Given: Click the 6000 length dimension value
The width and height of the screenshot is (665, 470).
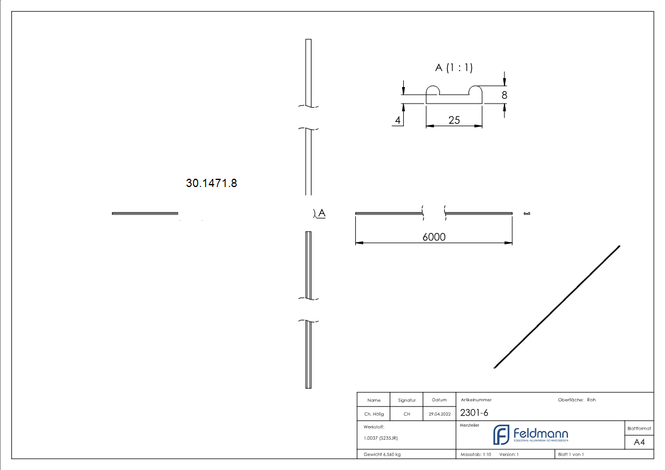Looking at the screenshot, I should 433,237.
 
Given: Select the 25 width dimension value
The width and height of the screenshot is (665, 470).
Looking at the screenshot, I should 454,120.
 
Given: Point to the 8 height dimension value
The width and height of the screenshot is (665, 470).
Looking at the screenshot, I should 504,95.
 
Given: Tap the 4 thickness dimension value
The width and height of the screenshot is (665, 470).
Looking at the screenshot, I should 398,120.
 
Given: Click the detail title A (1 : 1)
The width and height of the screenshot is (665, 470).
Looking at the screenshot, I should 454,67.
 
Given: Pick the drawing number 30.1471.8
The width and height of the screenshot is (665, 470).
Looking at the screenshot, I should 211,184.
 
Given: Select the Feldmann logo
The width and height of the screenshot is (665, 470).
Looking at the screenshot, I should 531,434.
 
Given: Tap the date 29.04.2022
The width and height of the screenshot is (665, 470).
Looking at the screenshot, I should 439,414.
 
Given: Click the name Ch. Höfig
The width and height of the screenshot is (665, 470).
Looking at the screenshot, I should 374,414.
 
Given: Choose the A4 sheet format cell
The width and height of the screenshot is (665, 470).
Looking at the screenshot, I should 639,442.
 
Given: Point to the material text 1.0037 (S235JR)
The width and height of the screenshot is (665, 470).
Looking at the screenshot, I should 381,438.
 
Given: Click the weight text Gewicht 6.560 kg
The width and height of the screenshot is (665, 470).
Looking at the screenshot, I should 382,455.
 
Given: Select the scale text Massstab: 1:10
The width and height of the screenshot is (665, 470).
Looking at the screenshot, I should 476,455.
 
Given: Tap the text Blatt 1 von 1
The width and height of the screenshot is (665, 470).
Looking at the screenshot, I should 571,455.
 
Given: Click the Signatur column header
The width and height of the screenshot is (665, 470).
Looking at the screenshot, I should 407,400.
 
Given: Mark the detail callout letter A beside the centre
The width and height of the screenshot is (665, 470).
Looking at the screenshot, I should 322,213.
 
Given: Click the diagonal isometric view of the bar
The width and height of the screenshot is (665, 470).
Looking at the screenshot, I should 557,306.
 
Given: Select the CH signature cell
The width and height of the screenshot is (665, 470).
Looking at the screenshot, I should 407,414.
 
